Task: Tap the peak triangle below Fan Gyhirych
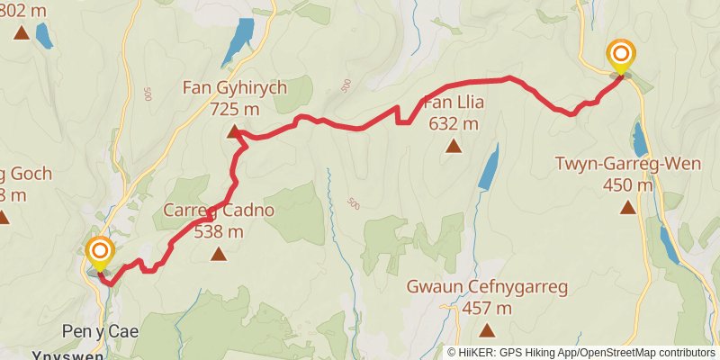(233, 132)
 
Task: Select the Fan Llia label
(454, 103)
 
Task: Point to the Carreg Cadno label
(219, 211)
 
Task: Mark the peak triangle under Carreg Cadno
(219, 255)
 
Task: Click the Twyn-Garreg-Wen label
(627, 166)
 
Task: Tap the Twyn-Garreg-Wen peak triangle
(627, 208)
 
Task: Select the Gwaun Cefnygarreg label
(487, 288)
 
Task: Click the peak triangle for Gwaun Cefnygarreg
(487, 330)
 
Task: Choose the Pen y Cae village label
(100, 331)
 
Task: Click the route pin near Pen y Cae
(99, 251)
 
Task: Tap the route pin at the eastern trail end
(620, 54)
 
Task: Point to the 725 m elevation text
(234, 109)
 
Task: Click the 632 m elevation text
(454, 124)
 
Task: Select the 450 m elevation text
(627, 186)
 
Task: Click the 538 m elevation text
(219, 232)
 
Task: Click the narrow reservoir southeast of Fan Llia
(488, 167)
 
